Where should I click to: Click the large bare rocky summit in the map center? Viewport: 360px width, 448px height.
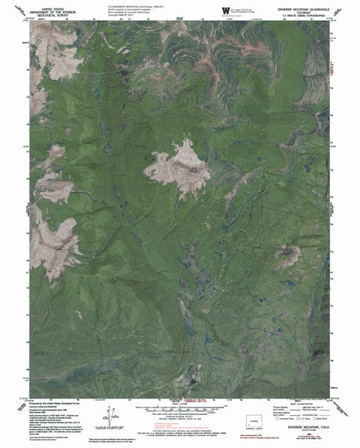pos(178,167)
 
